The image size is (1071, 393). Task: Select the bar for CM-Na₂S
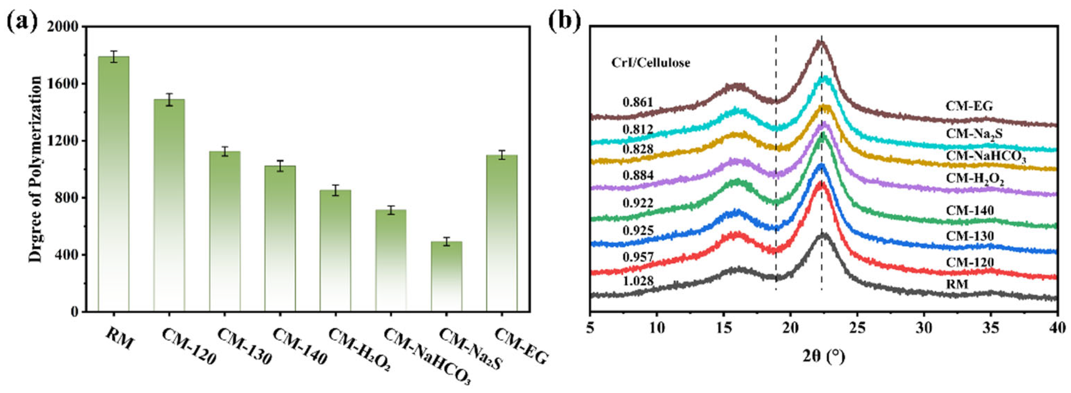coord(446,276)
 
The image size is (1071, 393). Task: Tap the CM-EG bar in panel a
coord(502,233)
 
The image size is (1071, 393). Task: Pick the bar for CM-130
coord(225,232)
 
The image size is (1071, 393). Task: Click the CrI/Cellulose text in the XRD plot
coord(651,63)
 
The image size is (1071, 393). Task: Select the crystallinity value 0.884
coord(638,175)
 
